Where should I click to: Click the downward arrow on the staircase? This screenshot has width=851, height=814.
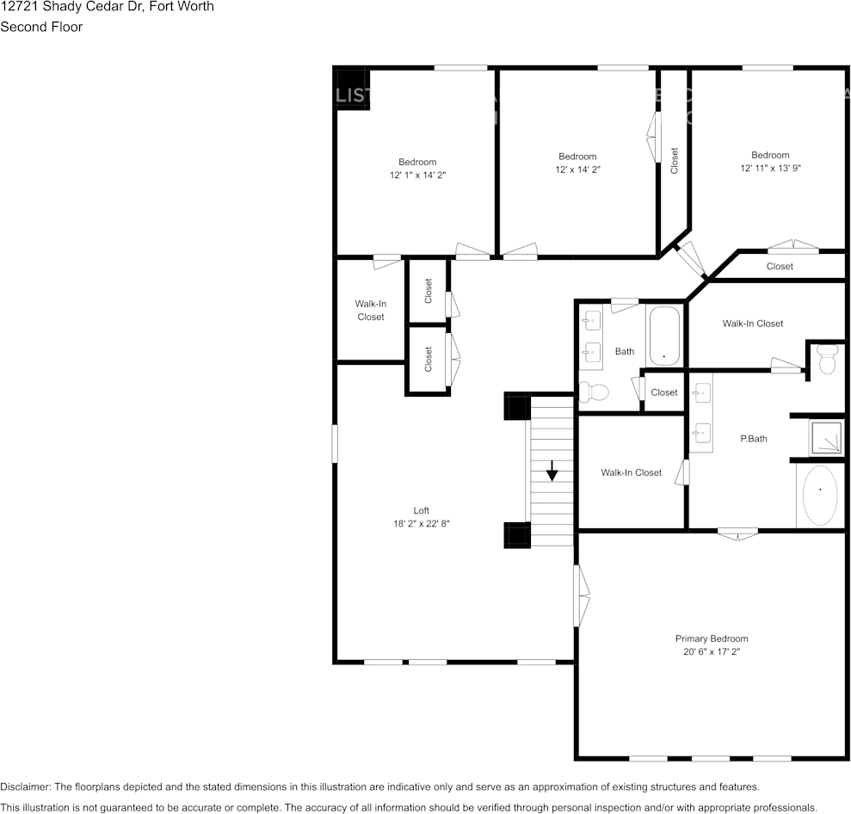tap(552, 470)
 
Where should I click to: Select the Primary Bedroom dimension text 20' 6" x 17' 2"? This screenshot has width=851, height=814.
tap(711, 652)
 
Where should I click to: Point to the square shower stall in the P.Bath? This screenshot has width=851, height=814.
tap(827, 437)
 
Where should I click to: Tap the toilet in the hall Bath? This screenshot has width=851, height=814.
tap(593, 392)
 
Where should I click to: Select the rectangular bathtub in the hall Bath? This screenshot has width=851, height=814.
tap(663, 336)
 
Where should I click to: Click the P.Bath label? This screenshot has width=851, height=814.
tap(754, 439)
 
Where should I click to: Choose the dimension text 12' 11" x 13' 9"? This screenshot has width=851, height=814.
tap(770, 169)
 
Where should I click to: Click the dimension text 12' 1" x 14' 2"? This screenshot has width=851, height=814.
tap(417, 175)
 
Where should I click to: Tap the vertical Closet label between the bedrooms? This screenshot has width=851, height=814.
tap(675, 160)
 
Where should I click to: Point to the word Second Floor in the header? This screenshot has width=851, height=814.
tap(41, 27)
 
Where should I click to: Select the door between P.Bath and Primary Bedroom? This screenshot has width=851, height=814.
tap(738, 533)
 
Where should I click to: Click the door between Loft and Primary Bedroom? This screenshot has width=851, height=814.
tap(582, 595)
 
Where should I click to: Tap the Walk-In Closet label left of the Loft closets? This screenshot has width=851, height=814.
tap(371, 310)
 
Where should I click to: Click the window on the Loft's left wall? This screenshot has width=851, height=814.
tap(335, 444)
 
